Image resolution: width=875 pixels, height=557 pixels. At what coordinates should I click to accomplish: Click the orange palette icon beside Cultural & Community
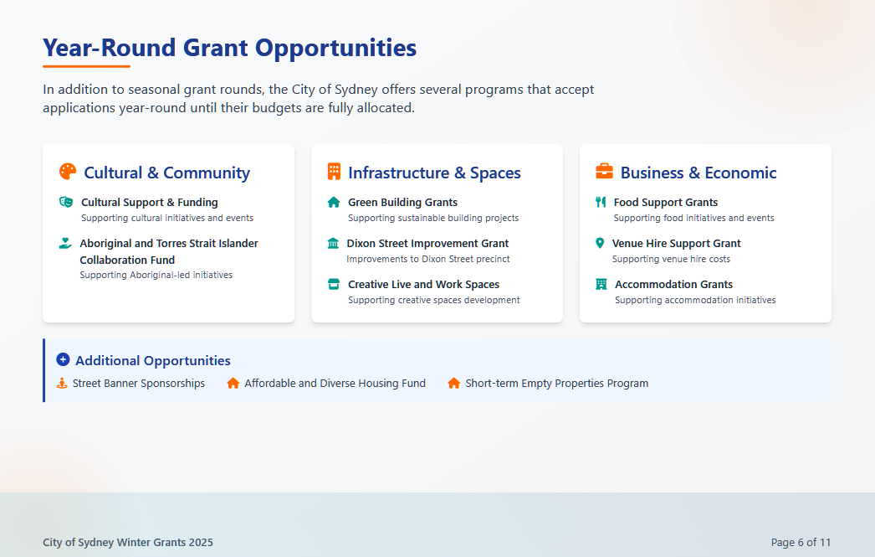point(68,172)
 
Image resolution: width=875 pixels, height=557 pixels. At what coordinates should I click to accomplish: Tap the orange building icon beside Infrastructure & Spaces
point(334,172)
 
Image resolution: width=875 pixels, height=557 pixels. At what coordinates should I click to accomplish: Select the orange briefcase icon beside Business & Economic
point(604,172)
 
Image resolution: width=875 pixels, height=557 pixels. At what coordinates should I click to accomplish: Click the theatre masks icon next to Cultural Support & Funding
point(66,202)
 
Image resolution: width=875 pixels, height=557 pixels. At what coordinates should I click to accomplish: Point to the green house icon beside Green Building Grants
point(334,202)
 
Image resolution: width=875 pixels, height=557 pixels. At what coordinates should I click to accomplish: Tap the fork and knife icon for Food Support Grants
point(601,202)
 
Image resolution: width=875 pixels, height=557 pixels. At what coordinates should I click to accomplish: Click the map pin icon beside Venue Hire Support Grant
point(600,243)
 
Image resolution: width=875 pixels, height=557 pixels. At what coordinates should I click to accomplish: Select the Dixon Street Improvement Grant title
point(427,243)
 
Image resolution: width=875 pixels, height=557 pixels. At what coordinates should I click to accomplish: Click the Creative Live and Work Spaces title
point(423,285)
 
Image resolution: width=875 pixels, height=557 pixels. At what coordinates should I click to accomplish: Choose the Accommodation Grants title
point(673,285)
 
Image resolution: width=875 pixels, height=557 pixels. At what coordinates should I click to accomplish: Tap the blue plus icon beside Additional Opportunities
point(63,359)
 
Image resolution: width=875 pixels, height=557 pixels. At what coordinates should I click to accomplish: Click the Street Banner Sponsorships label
point(138,384)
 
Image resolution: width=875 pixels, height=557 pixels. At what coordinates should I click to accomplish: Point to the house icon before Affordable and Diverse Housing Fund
point(233,384)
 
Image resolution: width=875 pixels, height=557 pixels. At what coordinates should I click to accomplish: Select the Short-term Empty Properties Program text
point(557,384)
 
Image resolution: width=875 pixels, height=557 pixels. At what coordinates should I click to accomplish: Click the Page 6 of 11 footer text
point(801,543)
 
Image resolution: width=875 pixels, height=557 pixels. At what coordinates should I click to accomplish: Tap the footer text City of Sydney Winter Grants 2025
point(128,543)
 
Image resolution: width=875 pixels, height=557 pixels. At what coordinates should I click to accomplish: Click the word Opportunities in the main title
point(336,48)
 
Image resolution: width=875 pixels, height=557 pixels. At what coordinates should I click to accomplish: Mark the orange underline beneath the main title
point(86,66)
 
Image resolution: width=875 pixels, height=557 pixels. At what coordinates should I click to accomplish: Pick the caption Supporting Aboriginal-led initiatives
point(156,275)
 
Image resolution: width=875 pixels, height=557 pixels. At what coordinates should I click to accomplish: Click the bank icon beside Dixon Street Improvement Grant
point(333,243)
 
